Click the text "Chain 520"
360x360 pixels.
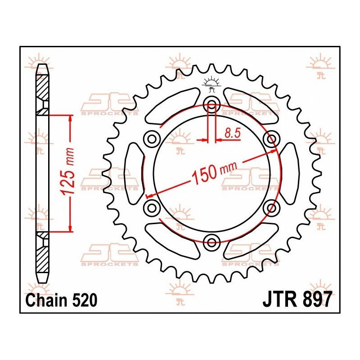pyautogui.click(x=62, y=300)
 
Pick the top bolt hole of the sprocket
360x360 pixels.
pyautogui.click(x=211, y=105)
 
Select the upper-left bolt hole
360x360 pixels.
pyautogui.click(x=151, y=139)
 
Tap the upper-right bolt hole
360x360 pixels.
pyautogui.click(x=271, y=139)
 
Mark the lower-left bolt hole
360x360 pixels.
pyautogui.click(x=151, y=208)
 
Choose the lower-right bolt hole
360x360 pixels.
pyautogui.click(x=271, y=208)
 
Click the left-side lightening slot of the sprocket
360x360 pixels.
pyautogui.click(x=134, y=173)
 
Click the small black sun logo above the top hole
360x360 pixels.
pyautogui.click(x=211, y=84)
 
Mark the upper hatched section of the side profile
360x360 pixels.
pyautogui.click(x=42, y=88)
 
